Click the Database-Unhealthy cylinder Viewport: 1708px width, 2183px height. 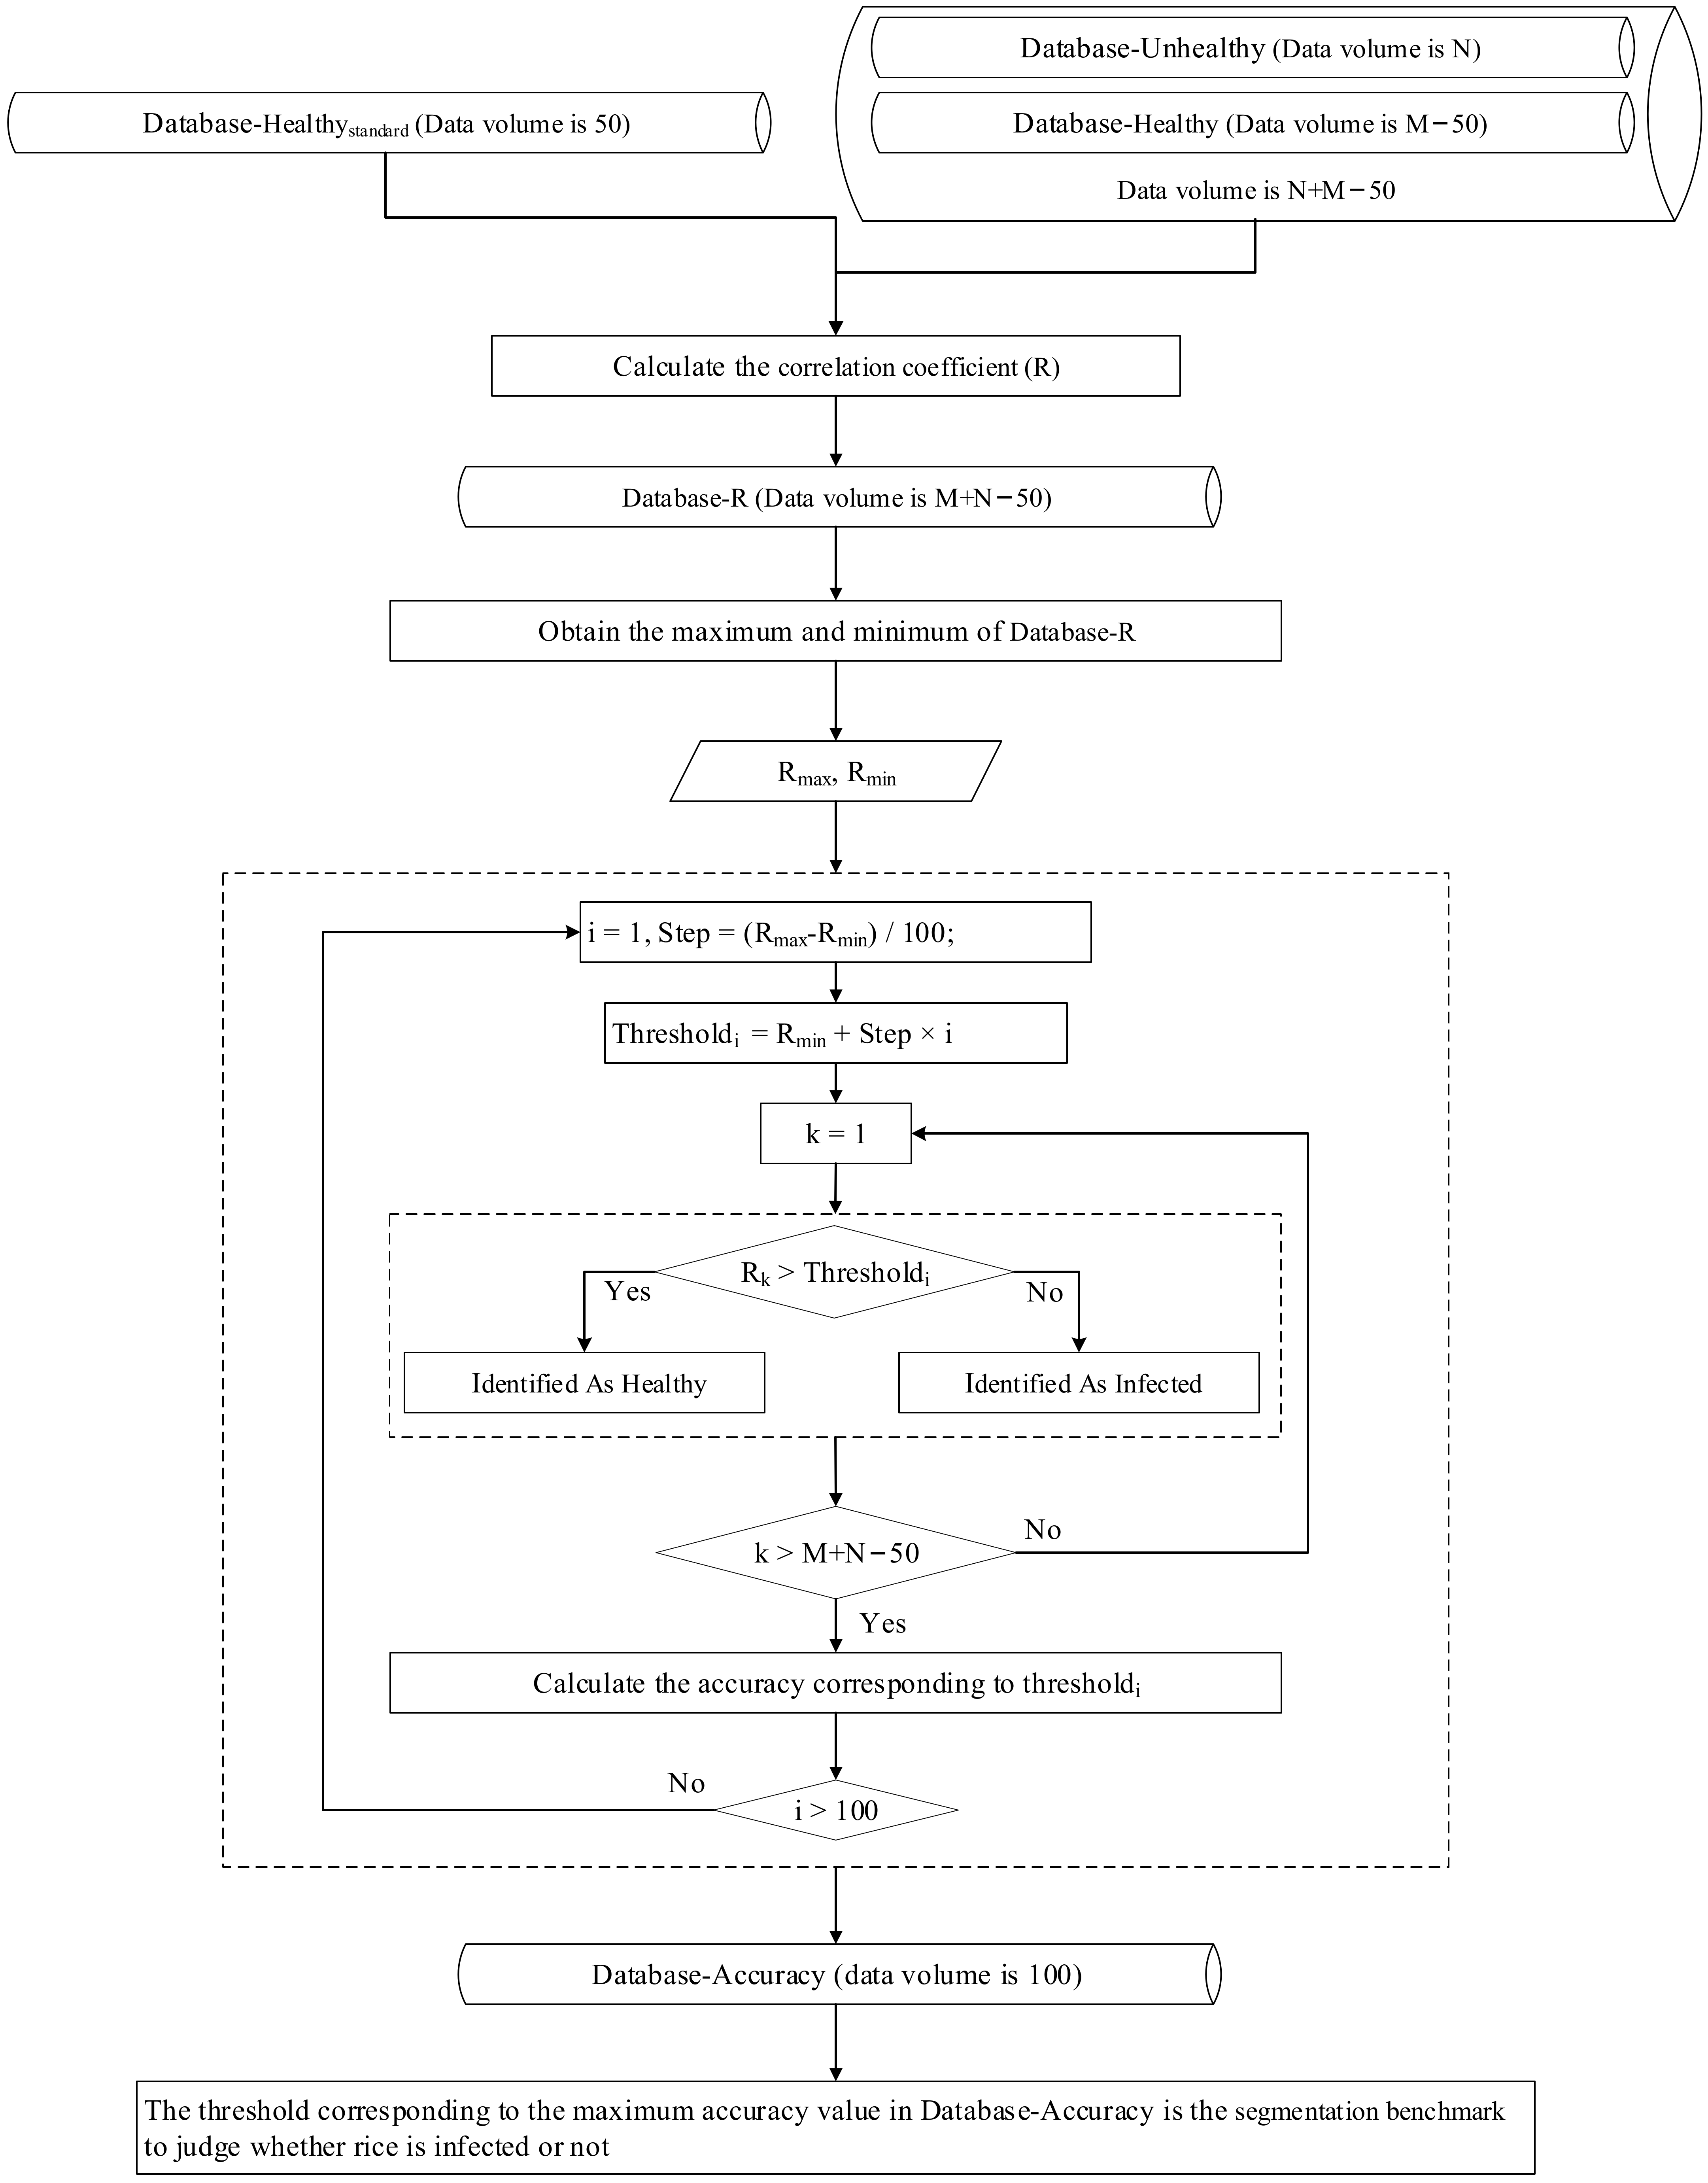1250,48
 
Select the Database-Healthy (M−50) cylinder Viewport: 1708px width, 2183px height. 1250,123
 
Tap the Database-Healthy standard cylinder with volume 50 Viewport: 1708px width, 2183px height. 388,123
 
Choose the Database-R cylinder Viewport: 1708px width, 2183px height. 838,497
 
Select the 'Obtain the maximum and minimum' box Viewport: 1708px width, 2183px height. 836,631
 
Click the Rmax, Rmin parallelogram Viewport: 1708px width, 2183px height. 836,772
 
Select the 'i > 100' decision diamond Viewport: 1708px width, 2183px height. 836,1810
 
